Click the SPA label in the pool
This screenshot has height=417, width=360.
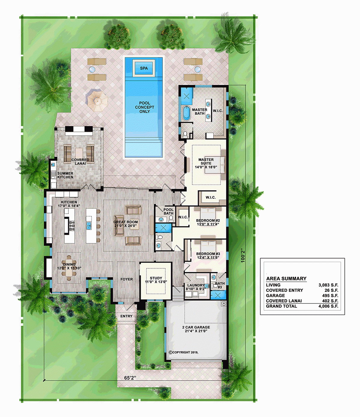(x=144, y=68)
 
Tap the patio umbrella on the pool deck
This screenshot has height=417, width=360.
(x=97, y=99)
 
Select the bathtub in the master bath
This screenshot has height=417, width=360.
(x=187, y=113)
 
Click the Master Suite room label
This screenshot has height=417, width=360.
(x=206, y=163)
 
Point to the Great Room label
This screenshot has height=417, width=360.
(x=126, y=224)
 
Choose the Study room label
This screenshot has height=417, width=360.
(x=156, y=280)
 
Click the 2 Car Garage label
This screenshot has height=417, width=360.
(x=196, y=329)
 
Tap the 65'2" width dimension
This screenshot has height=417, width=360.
(x=130, y=378)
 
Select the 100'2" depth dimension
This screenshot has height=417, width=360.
(x=243, y=255)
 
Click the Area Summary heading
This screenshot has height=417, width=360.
(x=286, y=278)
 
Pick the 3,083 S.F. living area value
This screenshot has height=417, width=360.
(x=328, y=285)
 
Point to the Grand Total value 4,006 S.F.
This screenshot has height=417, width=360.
(x=328, y=306)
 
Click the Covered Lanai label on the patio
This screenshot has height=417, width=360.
(x=80, y=162)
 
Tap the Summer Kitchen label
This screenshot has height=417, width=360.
(x=65, y=175)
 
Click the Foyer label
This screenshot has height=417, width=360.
(x=127, y=279)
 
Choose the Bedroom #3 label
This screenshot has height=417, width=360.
(x=208, y=255)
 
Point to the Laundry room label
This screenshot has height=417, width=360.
(x=196, y=287)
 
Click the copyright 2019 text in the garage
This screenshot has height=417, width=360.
(x=183, y=352)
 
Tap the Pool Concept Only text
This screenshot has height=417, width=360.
(x=144, y=107)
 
